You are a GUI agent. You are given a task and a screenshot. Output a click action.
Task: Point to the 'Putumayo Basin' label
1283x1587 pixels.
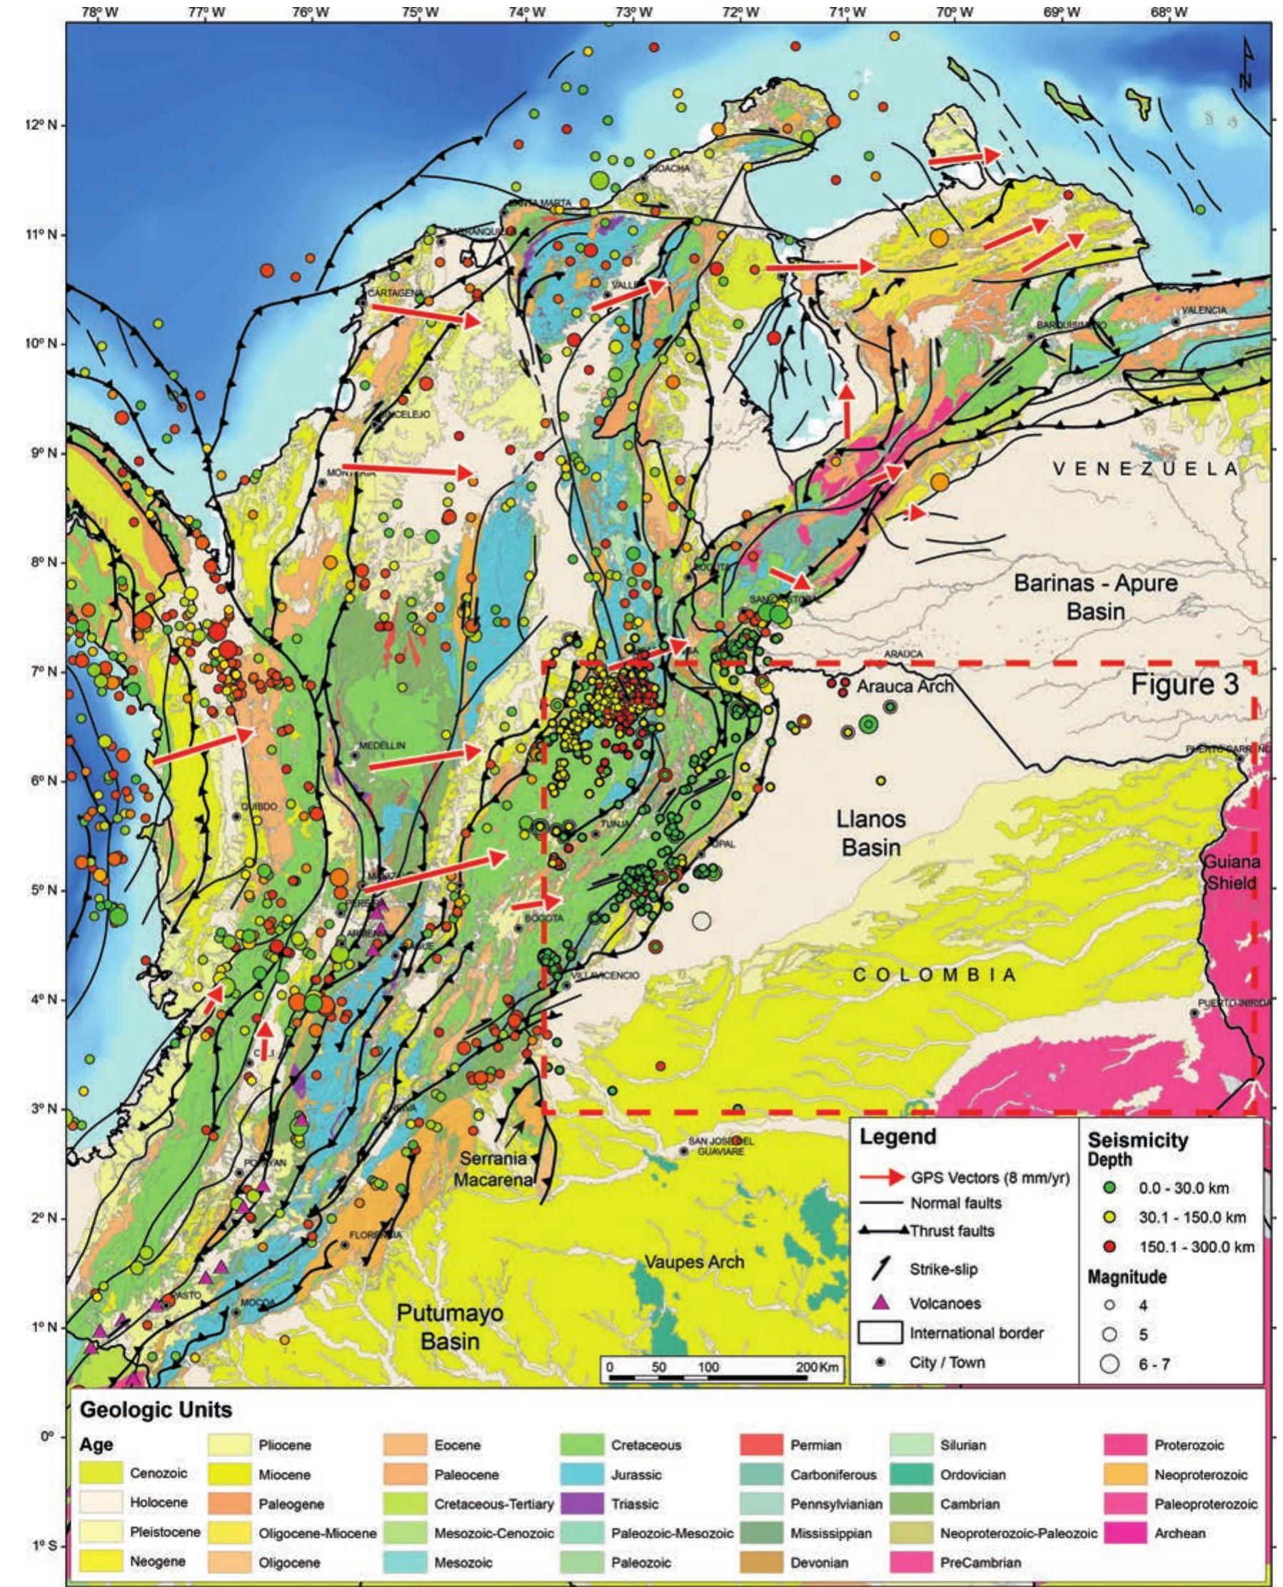(449, 1328)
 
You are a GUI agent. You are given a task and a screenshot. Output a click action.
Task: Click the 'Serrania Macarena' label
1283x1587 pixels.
(493, 1169)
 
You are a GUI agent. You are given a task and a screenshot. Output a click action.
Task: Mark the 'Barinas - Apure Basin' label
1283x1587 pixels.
(1095, 597)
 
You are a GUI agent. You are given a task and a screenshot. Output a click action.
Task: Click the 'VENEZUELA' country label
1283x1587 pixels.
(1145, 468)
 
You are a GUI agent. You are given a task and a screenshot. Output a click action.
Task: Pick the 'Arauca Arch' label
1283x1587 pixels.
(905, 686)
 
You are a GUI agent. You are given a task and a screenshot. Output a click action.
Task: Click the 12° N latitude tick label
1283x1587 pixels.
(45, 126)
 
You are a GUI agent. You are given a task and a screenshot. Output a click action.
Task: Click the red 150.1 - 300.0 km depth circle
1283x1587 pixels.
(1109, 1247)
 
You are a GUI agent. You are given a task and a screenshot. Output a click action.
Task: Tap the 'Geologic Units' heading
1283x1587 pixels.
(155, 1410)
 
